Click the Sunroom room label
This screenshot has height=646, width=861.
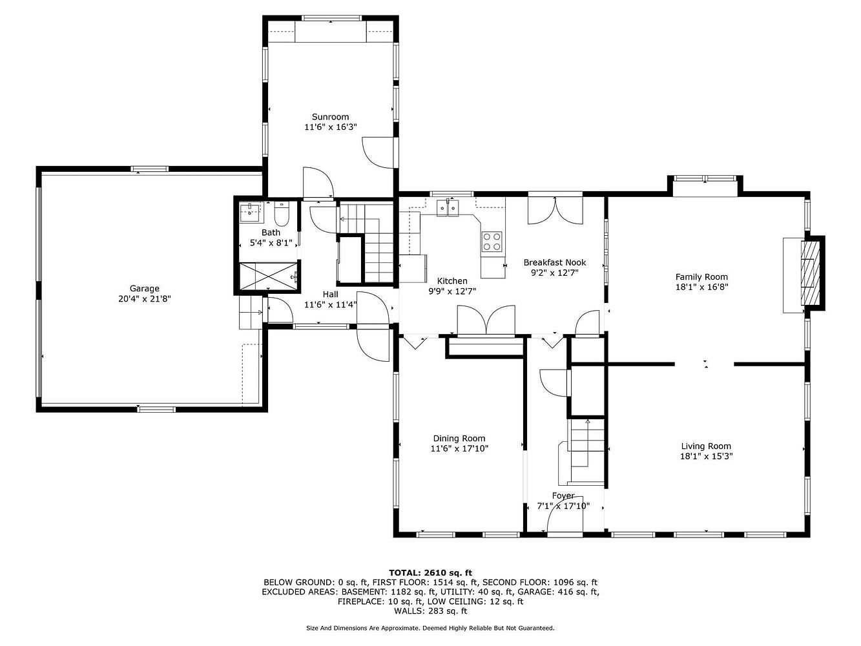coord(330,117)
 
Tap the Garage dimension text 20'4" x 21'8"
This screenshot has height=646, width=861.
coord(144,299)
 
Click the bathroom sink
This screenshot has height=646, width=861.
coord(250,212)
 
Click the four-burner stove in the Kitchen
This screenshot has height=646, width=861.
coord(492,241)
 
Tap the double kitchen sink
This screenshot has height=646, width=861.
coord(448,207)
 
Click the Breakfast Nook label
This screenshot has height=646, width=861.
coord(555,262)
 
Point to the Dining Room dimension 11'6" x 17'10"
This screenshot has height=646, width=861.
coord(459,448)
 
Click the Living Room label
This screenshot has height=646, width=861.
coord(706,446)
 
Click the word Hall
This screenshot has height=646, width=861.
coord(330,294)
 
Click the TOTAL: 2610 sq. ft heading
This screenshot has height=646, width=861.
coord(430,573)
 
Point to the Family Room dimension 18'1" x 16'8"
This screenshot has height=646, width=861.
coord(701,287)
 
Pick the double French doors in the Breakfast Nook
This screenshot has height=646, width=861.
coord(555,210)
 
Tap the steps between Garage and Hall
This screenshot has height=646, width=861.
coord(250,313)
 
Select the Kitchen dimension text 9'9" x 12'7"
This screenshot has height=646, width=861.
coord(452,291)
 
